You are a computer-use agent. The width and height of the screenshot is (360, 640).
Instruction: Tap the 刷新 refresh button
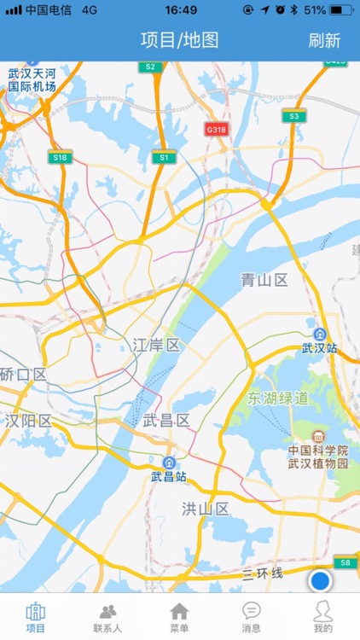pyautogui.click(x=324, y=40)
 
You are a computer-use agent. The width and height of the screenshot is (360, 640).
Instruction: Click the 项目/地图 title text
pyautogui.click(x=180, y=40)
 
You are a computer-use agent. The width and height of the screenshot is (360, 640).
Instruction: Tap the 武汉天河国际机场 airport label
pyautogui.click(x=32, y=80)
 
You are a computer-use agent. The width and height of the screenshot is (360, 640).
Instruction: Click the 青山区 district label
pyautogui.click(x=264, y=280)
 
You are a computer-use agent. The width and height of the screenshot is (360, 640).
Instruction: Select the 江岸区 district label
pyautogui.click(x=156, y=345)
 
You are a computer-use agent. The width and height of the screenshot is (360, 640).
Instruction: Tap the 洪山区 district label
pyautogui.click(x=206, y=509)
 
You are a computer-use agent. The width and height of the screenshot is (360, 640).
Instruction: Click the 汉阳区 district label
pyautogui.click(x=28, y=420)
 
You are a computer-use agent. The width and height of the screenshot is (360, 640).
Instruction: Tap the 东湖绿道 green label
pyautogui.click(x=278, y=399)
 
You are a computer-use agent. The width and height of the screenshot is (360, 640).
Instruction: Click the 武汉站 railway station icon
pyautogui.click(x=320, y=334)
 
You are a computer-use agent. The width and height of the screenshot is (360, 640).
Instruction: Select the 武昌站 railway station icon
pyautogui.click(x=168, y=463)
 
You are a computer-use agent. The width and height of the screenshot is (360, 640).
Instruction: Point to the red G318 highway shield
pyautogui.click(x=217, y=129)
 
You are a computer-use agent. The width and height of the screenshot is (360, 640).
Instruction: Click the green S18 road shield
pyautogui.click(x=60, y=157)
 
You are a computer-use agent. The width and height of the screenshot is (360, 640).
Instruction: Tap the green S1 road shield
pyautogui.click(x=164, y=157)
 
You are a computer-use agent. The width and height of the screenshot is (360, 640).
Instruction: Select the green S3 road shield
pyautogui.click(x=294, y=115)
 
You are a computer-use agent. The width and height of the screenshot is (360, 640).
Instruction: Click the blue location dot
pyautogui.click(x=320, y=581)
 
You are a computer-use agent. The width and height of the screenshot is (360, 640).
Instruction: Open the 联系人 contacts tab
pyautogui.click(x=107, y=617)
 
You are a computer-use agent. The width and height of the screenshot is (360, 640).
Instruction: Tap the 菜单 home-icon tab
pyautogui.click(x=179, y=617)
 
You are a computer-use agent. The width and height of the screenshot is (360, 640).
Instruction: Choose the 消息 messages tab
pyautogui.click(x=251, y=617)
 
